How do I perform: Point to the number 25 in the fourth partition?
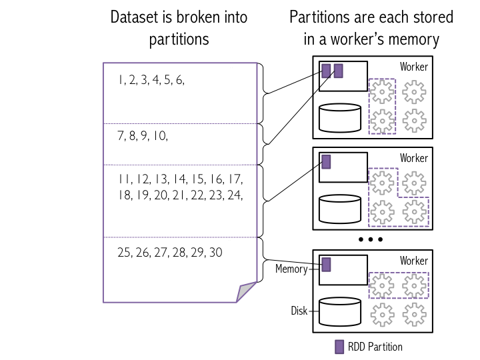tap(124, 253)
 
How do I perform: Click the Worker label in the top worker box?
tap(413, 67)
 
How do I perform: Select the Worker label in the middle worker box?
tap(413, 159)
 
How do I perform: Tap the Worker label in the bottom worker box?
tap(413, 261)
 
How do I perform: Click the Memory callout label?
tap(291, 269)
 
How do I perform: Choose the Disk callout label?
tap(298, 311)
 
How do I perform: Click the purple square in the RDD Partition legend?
tap(339, 347)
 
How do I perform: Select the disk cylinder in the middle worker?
tap(340, 208)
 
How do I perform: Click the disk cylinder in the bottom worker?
tap(340, 311)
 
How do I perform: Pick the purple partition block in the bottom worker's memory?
tap(326, 265)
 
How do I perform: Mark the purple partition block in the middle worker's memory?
tap(326, 162)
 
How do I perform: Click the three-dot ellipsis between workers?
tap(370, 239)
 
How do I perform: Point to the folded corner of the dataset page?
tap(247, 291)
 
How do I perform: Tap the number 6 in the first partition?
tap(179, 81)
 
